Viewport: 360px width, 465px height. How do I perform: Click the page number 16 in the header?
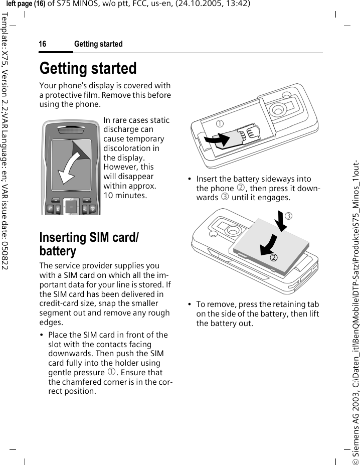point(43,44)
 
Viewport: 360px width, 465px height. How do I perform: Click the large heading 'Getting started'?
point(88,68)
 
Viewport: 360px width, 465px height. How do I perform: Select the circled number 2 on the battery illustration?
point(274,258)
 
